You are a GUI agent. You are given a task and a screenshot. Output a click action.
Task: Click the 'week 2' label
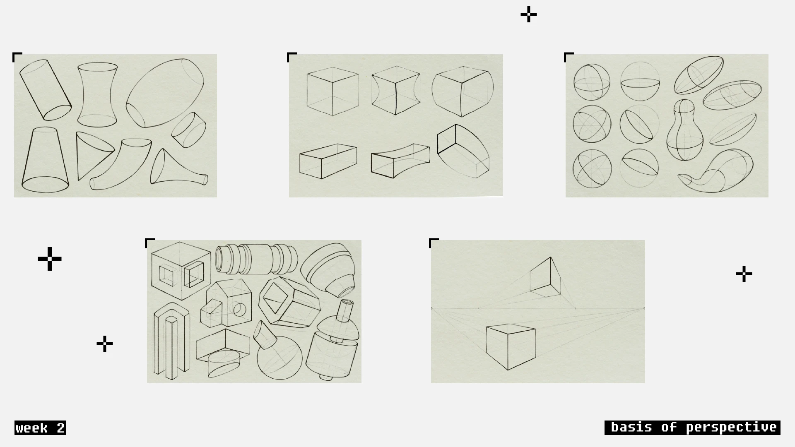[40, 428]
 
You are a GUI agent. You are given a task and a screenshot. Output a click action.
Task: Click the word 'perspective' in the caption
[731, 428]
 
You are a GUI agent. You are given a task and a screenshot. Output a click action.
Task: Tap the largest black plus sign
[50, 259]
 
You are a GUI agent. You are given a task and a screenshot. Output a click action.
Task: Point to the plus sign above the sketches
[529, 15]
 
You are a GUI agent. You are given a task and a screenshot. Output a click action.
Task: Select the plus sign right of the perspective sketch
[744, 274]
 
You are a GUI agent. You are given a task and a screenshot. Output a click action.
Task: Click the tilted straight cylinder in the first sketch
[46, 90]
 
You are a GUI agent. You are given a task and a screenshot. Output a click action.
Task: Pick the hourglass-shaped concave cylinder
[97, 95]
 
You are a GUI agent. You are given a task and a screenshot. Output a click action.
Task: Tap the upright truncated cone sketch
[45, 160]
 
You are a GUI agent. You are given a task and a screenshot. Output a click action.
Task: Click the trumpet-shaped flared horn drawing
[178, 168]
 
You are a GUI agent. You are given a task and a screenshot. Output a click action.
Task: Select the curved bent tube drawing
[120, 165]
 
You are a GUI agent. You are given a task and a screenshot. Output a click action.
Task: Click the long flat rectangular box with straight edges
[328, 161]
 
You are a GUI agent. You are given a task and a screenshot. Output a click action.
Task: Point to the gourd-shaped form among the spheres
[684, 130]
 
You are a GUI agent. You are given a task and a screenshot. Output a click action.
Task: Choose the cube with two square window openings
[181, 270]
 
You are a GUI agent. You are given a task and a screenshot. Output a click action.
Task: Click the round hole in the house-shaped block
[240, 309]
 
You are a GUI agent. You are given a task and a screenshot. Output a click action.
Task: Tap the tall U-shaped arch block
[171, 341]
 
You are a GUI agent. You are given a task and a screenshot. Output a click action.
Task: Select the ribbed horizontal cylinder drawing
[256, 259]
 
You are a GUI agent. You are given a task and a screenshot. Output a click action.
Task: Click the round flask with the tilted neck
[276, 352]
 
